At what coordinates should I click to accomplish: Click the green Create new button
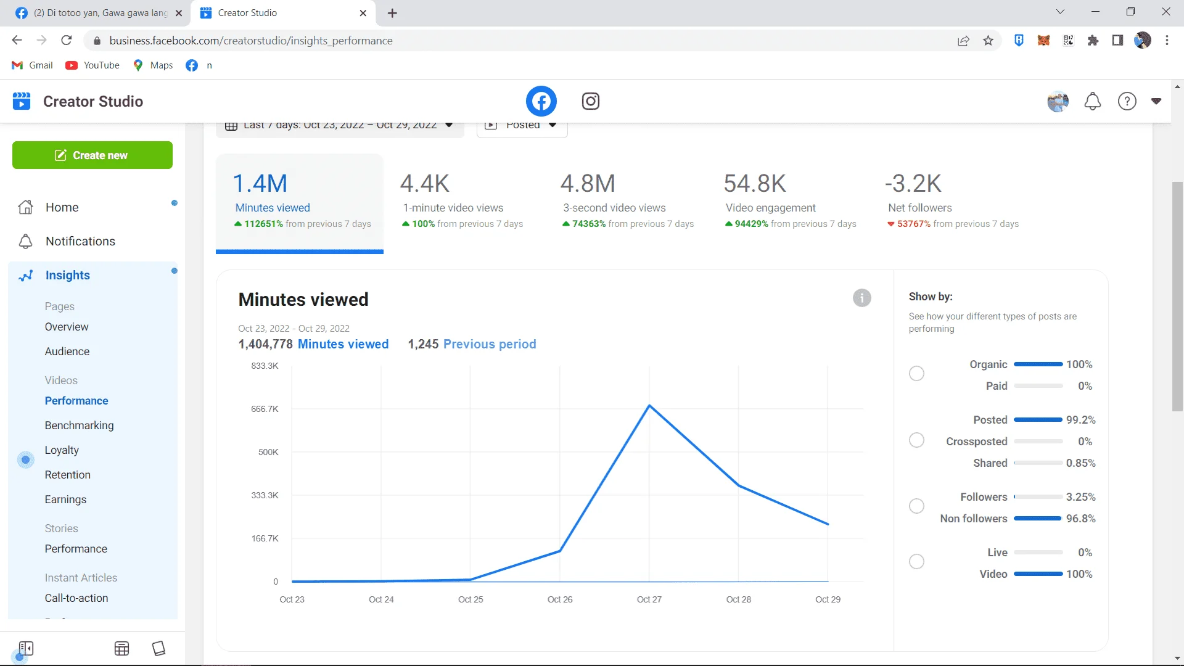(x=92, y=155)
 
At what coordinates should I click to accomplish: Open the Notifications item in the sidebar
(x=80, y=241)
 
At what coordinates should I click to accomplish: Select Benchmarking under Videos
(x=79, y=425)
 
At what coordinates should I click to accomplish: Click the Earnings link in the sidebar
(x=65, y=499)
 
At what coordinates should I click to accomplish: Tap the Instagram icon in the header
(x=591, y=101)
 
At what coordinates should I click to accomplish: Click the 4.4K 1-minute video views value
(x=425, y=183)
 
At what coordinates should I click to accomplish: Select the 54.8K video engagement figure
(x=755, y=183)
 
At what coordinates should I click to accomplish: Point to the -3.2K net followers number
(x=913, y=183)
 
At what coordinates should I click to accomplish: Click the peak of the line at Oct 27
(x=649, y=405)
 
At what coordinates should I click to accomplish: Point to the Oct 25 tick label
(x=471, y=599)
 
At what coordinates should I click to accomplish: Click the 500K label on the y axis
(x=268, y=452)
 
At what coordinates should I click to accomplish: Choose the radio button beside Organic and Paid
(x=917, y=374)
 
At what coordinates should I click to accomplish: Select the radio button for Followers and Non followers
(x=917, y=506)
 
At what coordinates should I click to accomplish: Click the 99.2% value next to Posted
(x=1081, y=420)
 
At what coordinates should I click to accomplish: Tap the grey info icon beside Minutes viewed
(x=862, y=298)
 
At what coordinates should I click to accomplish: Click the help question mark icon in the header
(x=1127, y=101)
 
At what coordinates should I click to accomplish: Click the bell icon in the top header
(x=1093, y=101)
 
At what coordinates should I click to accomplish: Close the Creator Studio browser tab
(x=363, y=13)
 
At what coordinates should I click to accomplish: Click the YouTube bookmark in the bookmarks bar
(x=92, y=65)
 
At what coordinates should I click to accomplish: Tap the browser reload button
(x=67, y=41)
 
